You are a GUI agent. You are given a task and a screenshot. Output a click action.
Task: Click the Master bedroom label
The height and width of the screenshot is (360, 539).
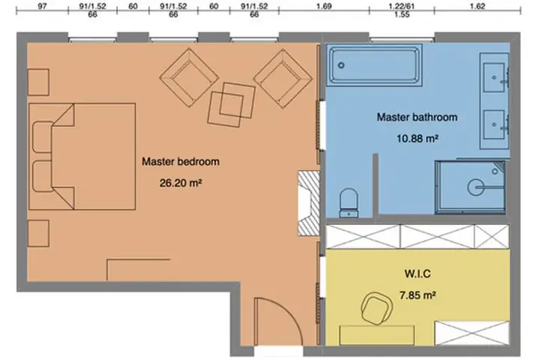(181, 161)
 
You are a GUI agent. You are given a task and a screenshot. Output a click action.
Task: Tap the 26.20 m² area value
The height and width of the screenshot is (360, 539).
(181, 183)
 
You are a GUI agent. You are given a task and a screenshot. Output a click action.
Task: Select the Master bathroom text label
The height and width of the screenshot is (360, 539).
(417, 117)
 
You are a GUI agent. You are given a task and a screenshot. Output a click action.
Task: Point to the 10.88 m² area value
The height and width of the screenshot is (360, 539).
(417, 139)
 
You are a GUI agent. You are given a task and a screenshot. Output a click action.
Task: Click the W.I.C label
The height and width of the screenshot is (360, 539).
(418, 274)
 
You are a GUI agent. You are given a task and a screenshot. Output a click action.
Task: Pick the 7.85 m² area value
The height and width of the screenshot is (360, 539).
(418, 295)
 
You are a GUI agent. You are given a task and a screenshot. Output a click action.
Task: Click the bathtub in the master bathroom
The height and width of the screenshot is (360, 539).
(374, 65)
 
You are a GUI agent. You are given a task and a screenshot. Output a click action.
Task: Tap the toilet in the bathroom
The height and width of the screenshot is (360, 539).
(349, 202)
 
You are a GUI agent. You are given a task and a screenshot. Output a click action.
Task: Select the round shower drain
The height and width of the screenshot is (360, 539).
(475, 187)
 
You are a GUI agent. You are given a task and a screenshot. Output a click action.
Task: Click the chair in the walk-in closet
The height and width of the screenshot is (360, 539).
(377, 308)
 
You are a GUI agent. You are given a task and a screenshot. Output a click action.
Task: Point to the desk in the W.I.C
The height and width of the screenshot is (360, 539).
(377, 335)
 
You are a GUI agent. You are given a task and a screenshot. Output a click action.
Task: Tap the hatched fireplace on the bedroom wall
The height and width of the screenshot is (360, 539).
(308, 203)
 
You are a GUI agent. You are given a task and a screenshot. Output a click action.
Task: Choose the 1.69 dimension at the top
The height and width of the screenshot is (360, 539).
(323, 6)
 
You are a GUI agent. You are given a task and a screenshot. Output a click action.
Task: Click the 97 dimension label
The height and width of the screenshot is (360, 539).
(42, 6)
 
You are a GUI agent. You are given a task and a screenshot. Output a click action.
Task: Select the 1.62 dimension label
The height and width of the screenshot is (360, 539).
(477, 6)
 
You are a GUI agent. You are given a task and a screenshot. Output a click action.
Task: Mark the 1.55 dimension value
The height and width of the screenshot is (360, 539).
(402, 15)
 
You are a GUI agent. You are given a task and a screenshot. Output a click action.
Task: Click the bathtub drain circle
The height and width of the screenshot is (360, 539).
(341, 65)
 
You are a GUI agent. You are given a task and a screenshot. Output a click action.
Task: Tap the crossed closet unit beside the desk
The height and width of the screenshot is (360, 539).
(472, 333)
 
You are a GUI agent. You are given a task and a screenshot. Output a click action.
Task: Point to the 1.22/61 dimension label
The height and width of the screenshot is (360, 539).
(402, 6)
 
